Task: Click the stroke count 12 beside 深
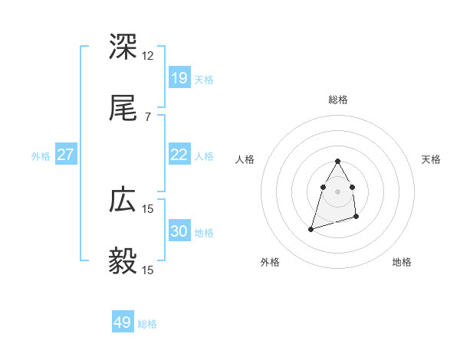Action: coord(148,56)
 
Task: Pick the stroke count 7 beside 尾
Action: coord(148,116)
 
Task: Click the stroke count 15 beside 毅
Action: coord(148,270)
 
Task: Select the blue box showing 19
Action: coord(179,77)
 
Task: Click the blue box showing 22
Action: coord(179,155)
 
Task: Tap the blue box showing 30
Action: coord(179,232)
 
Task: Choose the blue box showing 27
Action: coord(65,155)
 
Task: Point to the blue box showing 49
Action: coord(123,322)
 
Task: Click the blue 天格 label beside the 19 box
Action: coord(204,79)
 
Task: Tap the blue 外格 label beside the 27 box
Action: coord(40,156)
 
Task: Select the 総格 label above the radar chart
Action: coord(338,100)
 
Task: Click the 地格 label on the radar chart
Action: coord(402,262)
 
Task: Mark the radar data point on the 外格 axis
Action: coord(311,228)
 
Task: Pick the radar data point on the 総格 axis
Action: coord(337,161)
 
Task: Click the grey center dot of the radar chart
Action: coord(337,190)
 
